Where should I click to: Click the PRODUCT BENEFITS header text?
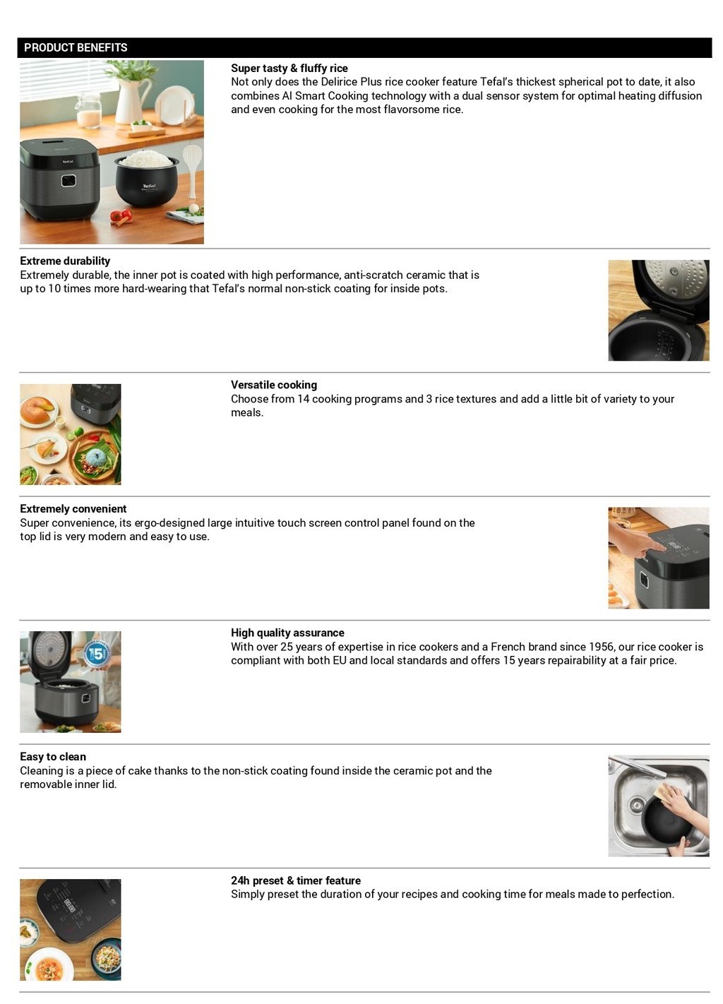point(76,47)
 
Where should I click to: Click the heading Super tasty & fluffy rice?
point(289,68)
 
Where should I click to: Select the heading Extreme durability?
point(65,261)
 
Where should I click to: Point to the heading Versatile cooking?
point(273,385)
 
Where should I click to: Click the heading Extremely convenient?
point(73,508)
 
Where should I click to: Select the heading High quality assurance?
point(287,633)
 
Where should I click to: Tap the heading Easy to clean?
point(53,756)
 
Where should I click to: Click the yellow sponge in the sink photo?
point(664,791)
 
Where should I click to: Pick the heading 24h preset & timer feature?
point(295,880)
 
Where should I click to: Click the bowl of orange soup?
point(49,967)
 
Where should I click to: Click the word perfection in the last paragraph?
point(645,895)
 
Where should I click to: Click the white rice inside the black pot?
point(146,159)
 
